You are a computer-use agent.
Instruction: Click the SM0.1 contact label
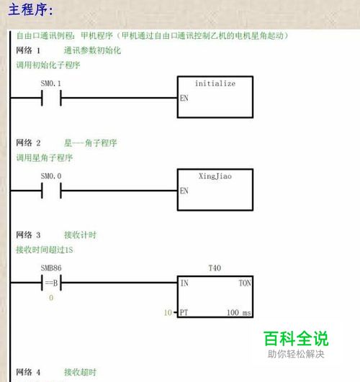point(50,83)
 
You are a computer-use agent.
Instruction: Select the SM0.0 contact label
point(51,176)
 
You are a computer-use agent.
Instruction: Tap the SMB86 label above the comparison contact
point(51,268)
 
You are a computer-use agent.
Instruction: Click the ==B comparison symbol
point(51,283)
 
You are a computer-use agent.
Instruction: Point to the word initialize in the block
point(215,83)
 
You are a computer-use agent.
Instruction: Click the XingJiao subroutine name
point(215,176)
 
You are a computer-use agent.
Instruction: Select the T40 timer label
point(215,268)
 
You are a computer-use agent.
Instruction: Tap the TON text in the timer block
point(245,283)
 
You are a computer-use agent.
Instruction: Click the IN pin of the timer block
point(184,283)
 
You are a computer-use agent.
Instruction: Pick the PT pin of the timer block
point(184,312)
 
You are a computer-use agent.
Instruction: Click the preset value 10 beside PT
point(168,312)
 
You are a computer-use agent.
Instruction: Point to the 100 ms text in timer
point(239,312)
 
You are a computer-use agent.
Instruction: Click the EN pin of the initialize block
point(184,98)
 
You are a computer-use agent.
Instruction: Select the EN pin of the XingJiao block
point(184,191)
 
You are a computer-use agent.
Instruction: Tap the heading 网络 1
point(28,50)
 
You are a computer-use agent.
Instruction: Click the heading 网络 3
point(28,235)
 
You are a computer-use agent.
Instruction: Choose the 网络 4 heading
point(28,372)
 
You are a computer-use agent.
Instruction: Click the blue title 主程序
point(30,10)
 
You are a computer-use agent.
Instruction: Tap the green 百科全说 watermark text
point(296,338)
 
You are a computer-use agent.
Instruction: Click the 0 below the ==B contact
point(51,297)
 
